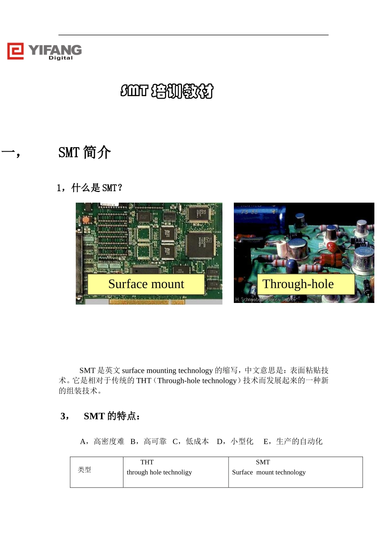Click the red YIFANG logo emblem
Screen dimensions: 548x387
click(15, 51)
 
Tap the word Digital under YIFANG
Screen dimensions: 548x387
click(61, 58)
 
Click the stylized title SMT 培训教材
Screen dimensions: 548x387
click(167, 91)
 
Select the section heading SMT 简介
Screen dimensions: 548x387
click(84, 152)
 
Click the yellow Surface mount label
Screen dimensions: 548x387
click(146, 284)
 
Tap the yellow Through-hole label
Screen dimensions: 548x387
click(298, 284)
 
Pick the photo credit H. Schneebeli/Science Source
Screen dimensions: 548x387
click(265, 300)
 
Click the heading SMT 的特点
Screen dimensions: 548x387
click(112, 416)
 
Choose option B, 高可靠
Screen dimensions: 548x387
click(148, 442)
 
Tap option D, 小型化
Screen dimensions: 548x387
click(235, 442)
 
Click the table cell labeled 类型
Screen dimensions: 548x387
click(85, 470)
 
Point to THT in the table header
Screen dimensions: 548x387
click(147, 462)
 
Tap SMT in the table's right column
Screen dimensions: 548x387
click(263, 462)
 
